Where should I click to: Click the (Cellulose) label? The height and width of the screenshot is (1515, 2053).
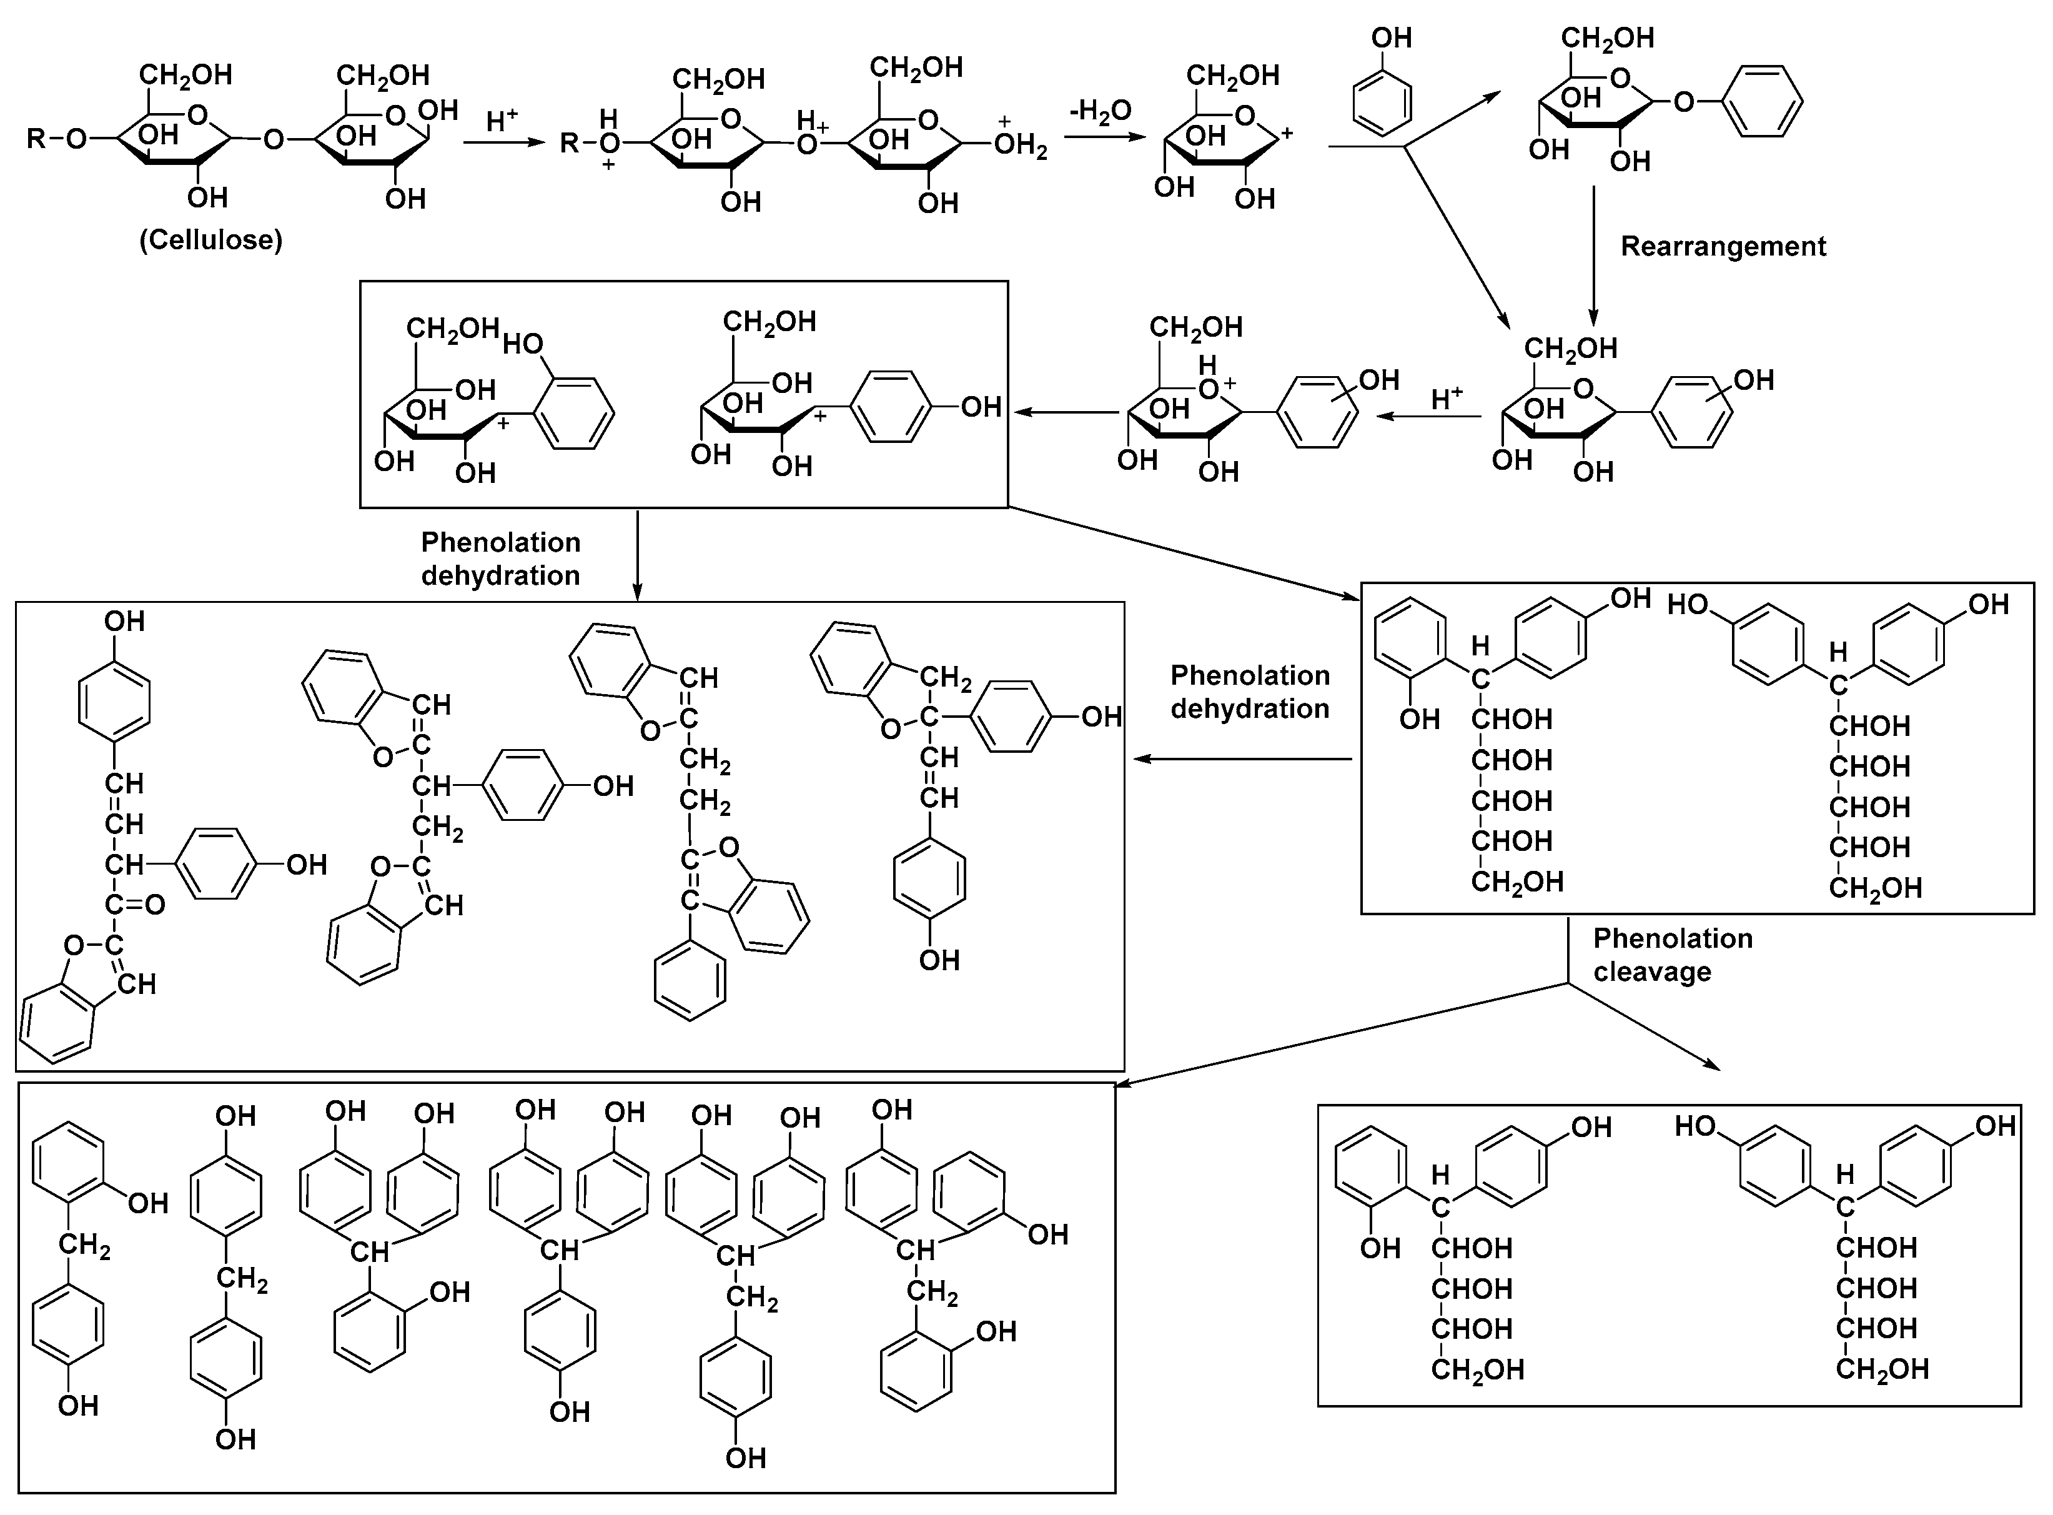coord(211,241)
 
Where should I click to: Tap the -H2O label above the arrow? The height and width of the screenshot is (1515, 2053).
coord(1101,112)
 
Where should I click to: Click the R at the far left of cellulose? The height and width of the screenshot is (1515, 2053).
coord(36,139)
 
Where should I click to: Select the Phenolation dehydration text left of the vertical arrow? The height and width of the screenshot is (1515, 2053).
coord(501,559)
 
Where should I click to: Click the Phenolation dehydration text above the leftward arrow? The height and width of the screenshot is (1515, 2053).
coord(1250,692)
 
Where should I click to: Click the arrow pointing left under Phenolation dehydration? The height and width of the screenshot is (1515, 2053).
coord(1242,759)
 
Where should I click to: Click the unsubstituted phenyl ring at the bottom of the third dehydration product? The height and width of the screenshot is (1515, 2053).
coord(690,986)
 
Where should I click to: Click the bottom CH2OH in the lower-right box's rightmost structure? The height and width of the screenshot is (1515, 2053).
coord(1881,1369)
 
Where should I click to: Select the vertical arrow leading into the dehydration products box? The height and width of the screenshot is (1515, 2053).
coord(637,555)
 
